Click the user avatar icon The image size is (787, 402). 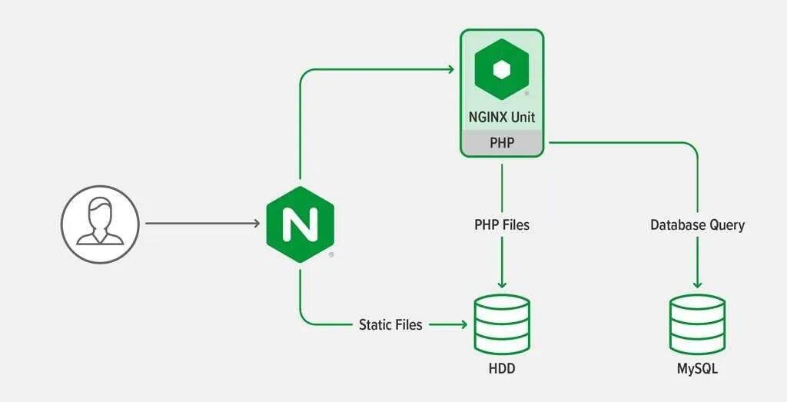100,224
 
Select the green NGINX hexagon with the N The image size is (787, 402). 301,224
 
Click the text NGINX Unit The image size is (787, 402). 502,118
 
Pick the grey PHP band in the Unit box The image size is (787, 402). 502,144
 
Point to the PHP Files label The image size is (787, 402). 502,225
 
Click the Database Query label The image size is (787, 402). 697,225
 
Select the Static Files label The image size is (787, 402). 390,324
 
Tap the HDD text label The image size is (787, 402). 502,369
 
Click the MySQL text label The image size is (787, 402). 697,369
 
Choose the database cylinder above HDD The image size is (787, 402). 502,324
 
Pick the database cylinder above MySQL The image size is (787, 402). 697,324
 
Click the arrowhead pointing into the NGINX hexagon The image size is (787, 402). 256,224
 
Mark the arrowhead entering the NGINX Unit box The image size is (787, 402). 450,71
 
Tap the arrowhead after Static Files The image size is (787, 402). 463,324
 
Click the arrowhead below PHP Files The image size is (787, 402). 502,283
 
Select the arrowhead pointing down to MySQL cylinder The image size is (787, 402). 697,283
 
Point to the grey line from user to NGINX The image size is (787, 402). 200,224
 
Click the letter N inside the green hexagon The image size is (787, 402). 301,224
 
